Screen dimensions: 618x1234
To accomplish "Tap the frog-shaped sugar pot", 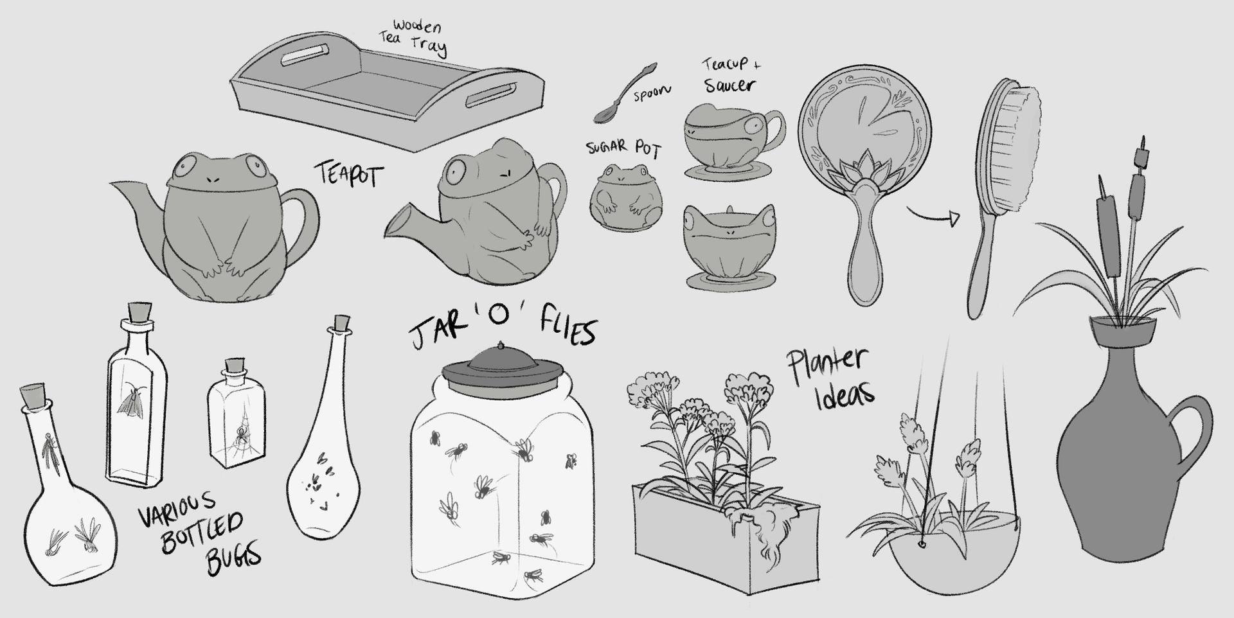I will tap(618, 200).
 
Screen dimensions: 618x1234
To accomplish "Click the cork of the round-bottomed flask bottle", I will tap(32, 394).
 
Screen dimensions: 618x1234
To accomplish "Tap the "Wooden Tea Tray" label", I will tap(415, 38).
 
